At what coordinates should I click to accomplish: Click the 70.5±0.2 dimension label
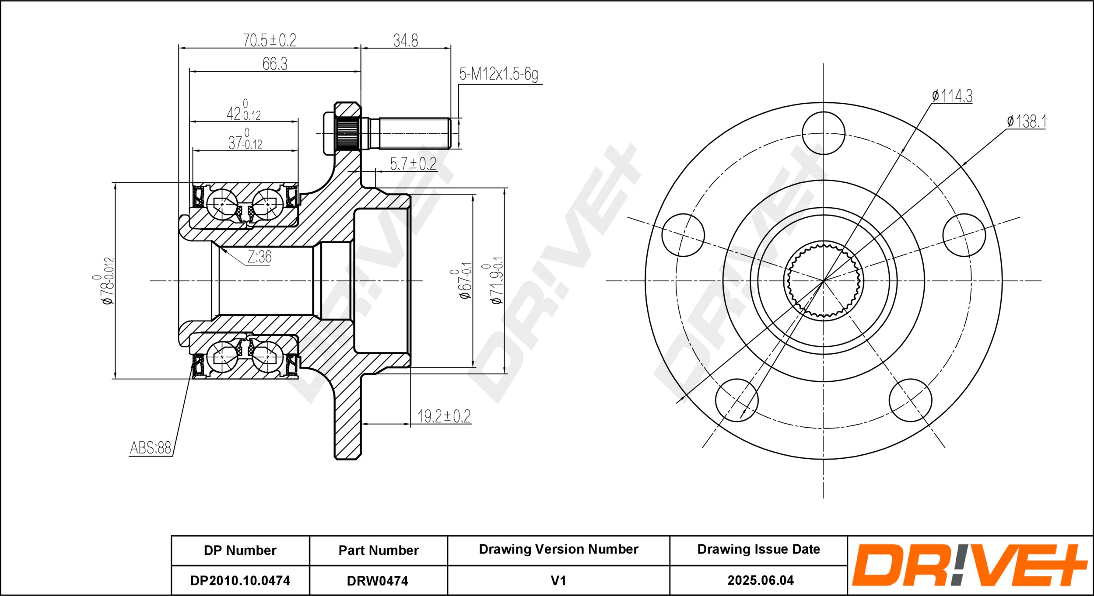tap(270, 40)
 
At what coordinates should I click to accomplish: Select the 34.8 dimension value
tap(406, 41)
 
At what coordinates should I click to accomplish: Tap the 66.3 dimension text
tap(275, 64)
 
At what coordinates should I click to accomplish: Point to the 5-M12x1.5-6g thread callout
tap(498, 74)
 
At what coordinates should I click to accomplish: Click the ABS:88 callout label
tap(151, 447)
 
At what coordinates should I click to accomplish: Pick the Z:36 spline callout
tap(259, 257)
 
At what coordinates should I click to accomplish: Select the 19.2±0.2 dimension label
tap(444, 416)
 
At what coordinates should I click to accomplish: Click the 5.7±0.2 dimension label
tap(413, 164)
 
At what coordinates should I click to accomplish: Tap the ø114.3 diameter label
tap(952, 95)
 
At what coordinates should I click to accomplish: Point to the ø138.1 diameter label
tap(1026, 121)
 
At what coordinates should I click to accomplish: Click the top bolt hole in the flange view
tap(824, 133)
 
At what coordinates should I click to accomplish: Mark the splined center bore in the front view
tap(824, 281)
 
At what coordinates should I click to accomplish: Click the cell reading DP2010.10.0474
tap(240, 580)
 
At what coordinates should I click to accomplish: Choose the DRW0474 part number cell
tap(378, 580)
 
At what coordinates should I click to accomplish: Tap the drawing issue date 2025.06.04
tap(761, 580)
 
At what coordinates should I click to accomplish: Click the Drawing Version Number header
tap(558, 549)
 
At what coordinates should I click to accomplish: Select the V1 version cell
tap(558, 580)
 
